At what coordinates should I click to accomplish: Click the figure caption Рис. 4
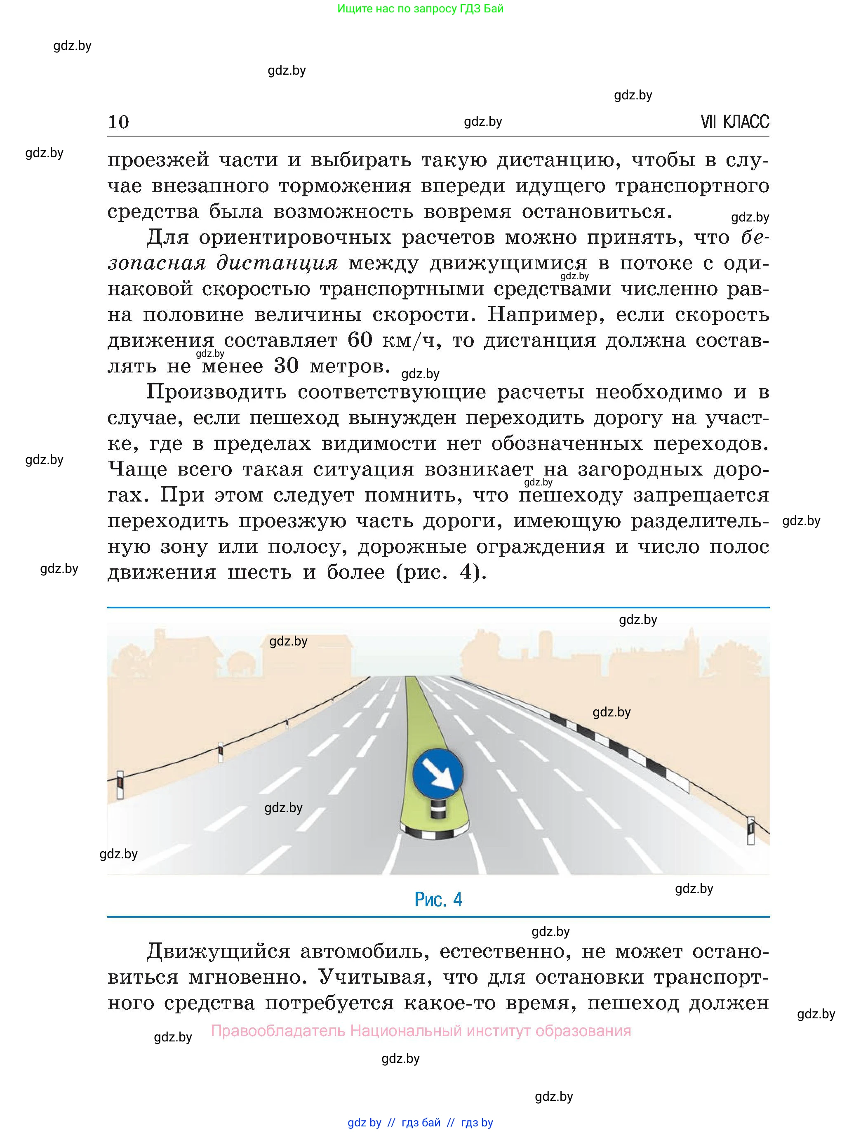pyautogui.click(x=438, y=900)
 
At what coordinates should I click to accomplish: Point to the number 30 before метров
pyautogui.click(x=286, y=366)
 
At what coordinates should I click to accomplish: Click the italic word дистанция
pyautogui.click(x=277, y=263)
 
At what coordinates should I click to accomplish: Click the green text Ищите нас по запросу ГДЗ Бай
pyautogui.click(x=420, y=9)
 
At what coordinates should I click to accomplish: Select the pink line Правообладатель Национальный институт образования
pyautogui.click(x=421, y=1031)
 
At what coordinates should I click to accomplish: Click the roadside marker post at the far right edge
pyautogui.click(x=750, y=831)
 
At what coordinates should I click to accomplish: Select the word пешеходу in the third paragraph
pyautogui.click(x=570, y=495)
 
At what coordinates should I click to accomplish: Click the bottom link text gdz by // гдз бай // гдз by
pyautogui.click(x=420, y=1122)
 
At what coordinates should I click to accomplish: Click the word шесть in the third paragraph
pyautogui.click(x=259, y=572)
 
